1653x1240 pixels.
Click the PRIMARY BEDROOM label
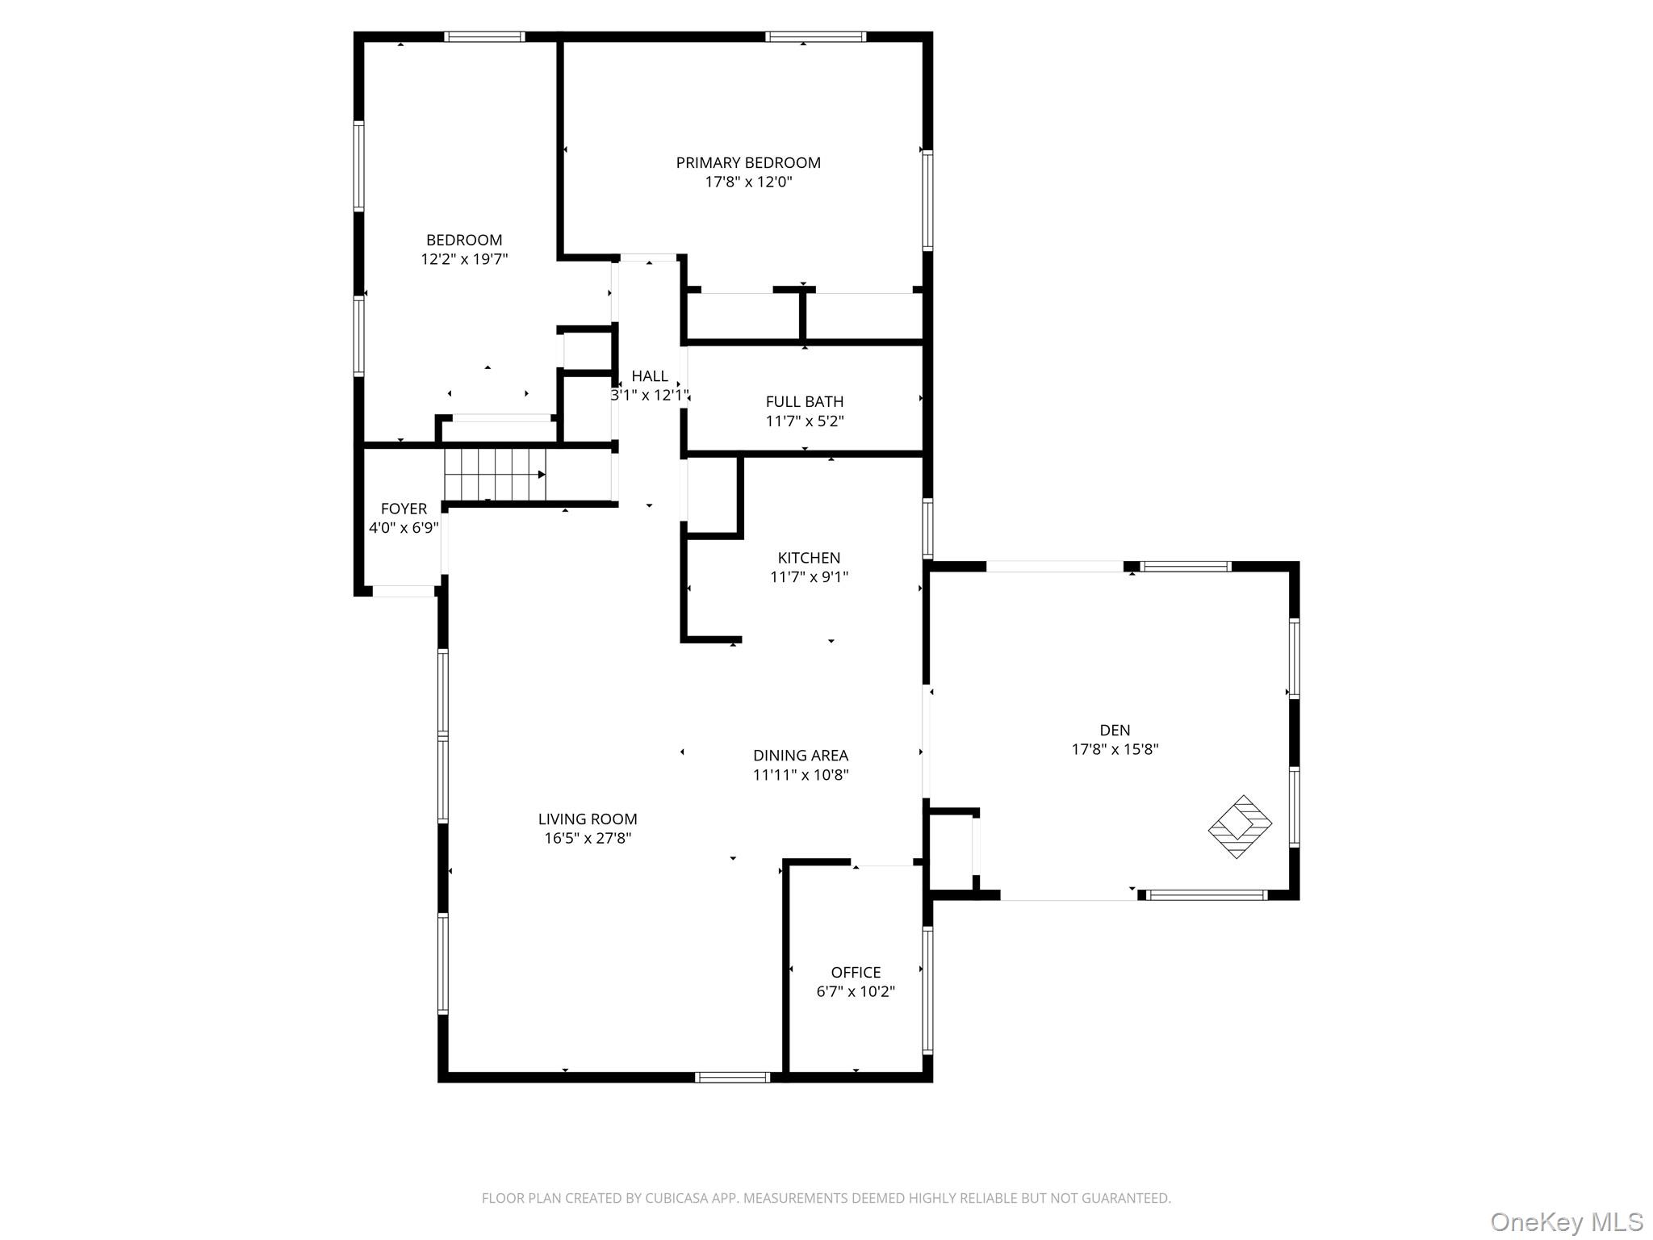748,162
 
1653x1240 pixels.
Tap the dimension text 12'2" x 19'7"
464,259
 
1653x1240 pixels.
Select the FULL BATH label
805,401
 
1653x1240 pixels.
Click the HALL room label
650,375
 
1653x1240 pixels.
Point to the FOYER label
404,509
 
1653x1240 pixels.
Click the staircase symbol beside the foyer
496,475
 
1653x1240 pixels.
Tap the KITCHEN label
809,558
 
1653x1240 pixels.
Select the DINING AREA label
801,756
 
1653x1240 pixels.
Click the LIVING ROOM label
588,819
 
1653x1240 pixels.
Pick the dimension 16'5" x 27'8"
588,838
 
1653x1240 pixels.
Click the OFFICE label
856,972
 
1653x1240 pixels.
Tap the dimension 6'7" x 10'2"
856,991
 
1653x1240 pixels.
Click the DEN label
1115,730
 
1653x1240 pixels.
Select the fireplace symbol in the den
1240,827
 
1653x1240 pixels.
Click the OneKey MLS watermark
1567,1221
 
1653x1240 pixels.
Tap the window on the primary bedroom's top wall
815,36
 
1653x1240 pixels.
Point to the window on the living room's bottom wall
733,1077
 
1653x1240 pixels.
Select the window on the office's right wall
927,990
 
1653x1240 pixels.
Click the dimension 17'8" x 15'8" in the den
1115,749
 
